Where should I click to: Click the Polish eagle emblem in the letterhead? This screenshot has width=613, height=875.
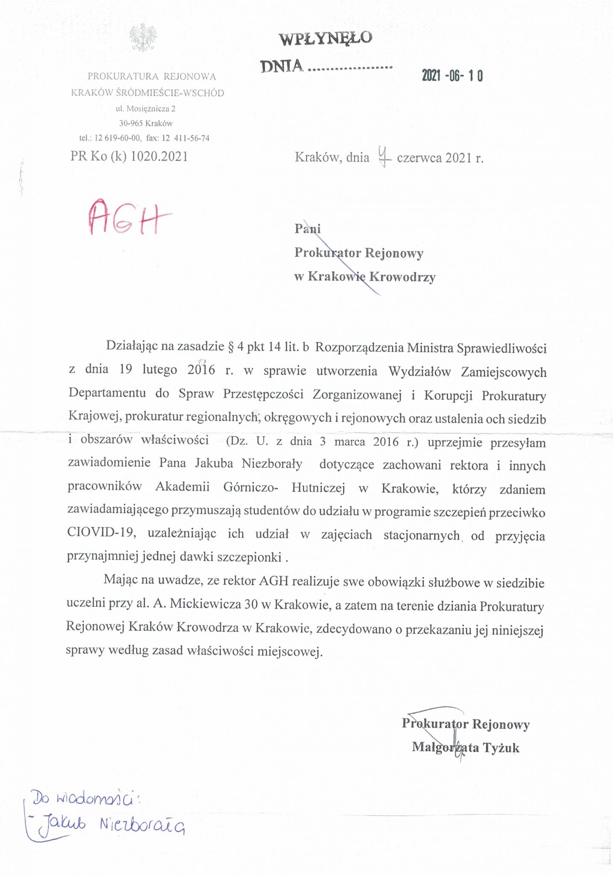click(144, 38)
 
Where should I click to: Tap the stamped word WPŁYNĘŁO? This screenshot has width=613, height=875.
click(326, 38)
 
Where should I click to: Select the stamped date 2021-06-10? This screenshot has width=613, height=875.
click(452, 76)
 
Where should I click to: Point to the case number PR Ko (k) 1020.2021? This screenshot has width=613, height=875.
click(129, 156)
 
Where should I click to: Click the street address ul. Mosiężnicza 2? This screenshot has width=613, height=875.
click(145, 109)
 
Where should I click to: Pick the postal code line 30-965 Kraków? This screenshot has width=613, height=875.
click(146, 123)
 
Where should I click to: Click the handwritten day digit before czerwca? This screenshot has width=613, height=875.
click(384, 156)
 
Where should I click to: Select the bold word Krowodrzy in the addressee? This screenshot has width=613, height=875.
click(402, 277)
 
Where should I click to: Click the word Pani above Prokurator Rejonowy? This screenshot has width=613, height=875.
click(307, 229)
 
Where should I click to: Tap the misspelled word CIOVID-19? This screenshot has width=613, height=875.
click(101, 533)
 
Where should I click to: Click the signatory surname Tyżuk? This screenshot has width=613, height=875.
click(501, 747)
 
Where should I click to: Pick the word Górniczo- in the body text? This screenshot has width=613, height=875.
click(251, 487)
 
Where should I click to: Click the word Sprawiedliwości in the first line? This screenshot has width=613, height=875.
click(502, 348)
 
